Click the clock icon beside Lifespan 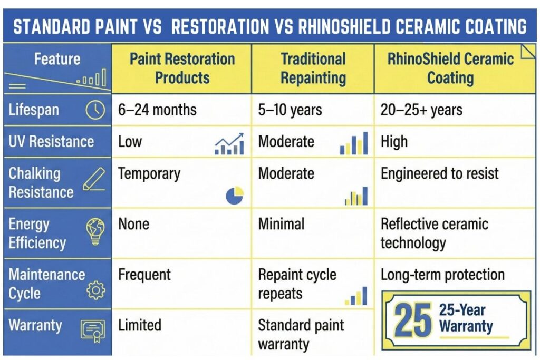95,110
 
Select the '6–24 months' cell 157,110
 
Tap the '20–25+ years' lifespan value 421,110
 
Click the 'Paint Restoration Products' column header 182,69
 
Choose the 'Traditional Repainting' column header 313,69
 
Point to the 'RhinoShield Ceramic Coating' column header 450,69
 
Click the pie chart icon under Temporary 235,196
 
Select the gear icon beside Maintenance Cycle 95,290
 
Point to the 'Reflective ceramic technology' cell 434,233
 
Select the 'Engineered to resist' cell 439,173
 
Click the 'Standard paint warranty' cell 301,335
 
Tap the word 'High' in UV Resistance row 394,141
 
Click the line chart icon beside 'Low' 229,144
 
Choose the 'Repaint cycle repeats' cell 297,284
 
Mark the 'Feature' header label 57,59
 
